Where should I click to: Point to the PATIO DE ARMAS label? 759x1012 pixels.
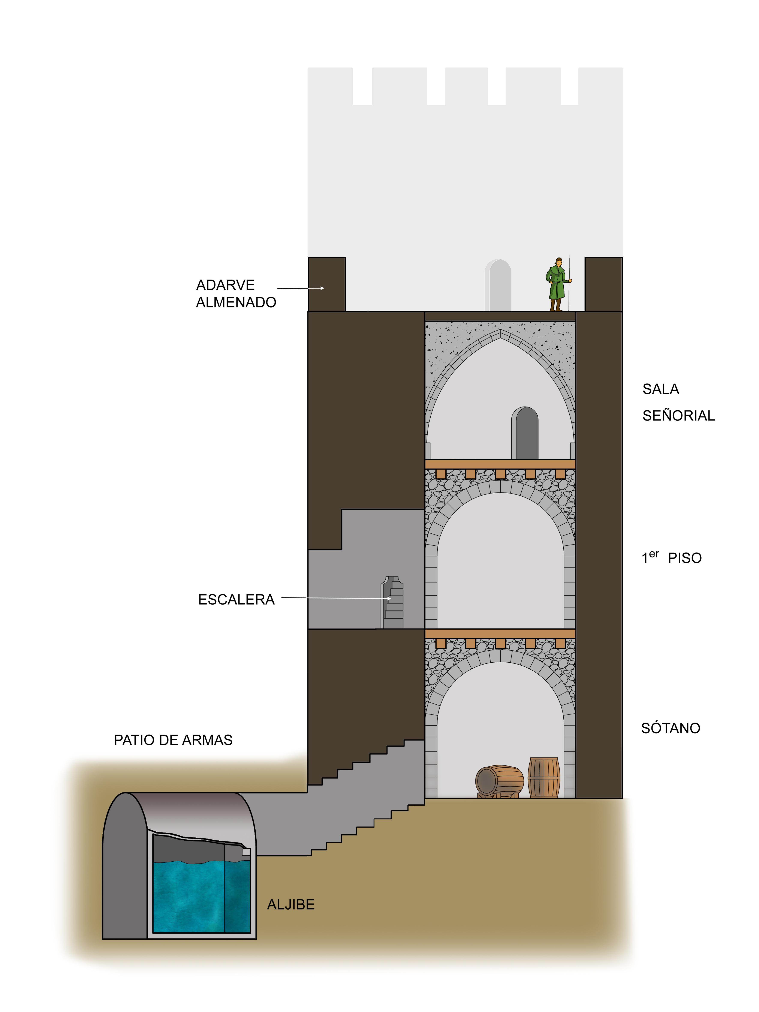173,740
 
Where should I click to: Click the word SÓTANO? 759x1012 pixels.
670,728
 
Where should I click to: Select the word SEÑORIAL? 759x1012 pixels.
678,415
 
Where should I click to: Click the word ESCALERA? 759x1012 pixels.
236,599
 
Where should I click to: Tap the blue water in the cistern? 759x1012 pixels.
201,897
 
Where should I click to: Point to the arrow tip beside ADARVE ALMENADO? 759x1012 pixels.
323,288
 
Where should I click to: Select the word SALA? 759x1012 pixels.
660,389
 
